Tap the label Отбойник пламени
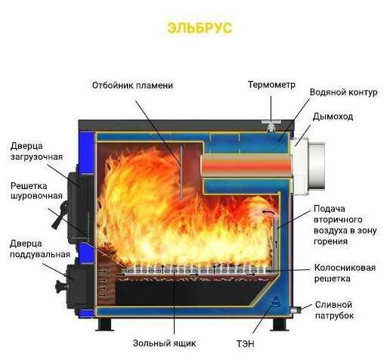[x=133, y=85]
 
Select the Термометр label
[x=271, y=85]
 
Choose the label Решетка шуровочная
[x=36, y=192]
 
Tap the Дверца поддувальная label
[x=36, y=249]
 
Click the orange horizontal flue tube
[x=245, y=163]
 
